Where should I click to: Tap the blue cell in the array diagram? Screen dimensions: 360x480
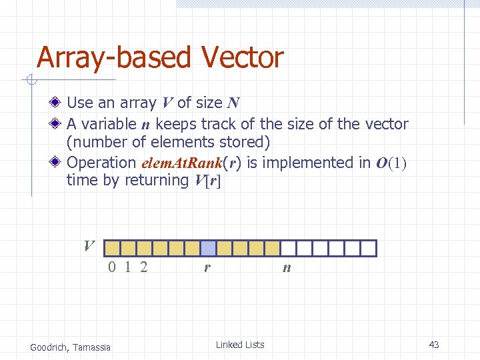click(x=209, y=249)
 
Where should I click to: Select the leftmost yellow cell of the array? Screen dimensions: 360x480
click(x=113, y=249)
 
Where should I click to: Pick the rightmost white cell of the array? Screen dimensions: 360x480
click(x=369, y=249)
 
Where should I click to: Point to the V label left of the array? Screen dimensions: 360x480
click(x=89, y=245)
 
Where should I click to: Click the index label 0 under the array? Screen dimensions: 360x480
click(x=113, y=268)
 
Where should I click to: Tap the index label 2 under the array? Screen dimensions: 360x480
click(x=143, y=268)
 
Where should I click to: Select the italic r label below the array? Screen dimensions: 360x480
click(x=208, y=269)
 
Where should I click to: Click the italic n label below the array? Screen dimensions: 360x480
click(x=287, y=269)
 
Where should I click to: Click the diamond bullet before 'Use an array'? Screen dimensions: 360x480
click(x=58, y=103)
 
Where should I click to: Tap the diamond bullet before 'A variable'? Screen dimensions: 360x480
click(x=58, y=124)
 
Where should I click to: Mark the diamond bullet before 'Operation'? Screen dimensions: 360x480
click(x=58, y=163)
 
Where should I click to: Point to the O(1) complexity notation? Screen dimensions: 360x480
click(x=391, y=163)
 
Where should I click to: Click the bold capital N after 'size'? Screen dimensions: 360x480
click(x=233, y=103)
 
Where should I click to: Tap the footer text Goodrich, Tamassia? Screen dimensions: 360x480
click(x=71, y=346)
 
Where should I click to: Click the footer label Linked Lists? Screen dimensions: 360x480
click(x=240, y=345)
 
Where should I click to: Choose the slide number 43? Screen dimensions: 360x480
click(x=434, y=345)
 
